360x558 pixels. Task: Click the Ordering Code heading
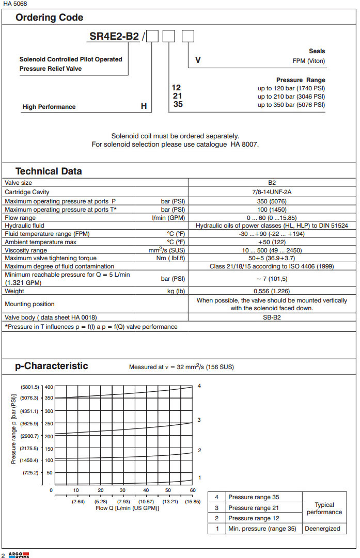pyautogui.click(x=49, y=18)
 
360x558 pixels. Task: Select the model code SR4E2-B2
pyautogui.click(x=114, y=37)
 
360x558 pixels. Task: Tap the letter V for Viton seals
pyautogui.click(x=198, y=60)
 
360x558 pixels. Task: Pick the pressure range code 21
pyautogui.click(x=177, y=96)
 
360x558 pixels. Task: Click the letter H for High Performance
pyautogui.click(x=144, y=107)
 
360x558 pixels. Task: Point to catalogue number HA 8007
pyautogui.click(x=242, y=145)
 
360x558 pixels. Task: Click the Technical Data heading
pyautogui.click(x=49, y=171)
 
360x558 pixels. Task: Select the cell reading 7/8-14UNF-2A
pyautogui.click(x=272, y=192)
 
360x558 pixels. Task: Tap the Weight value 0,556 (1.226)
pyautogui.click(x=272, y=291)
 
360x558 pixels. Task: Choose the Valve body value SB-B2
pyautogui.click(x=272, y=317)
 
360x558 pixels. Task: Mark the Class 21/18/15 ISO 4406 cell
pyautogui.click(x=272, y=266)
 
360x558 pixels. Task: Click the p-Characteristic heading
pyautogui.click(x=52, y=366)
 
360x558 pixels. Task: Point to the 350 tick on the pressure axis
pyautogui.click(x=49, y=398)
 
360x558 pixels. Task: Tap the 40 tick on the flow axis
pyautogui.click(x=146, y=490)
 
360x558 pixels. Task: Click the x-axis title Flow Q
pyautogui.click(x=127, y=508)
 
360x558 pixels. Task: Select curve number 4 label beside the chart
pyautogui.click(x=199, y=386)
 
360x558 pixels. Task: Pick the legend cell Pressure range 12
pyautogui.click(x=254, y=518)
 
